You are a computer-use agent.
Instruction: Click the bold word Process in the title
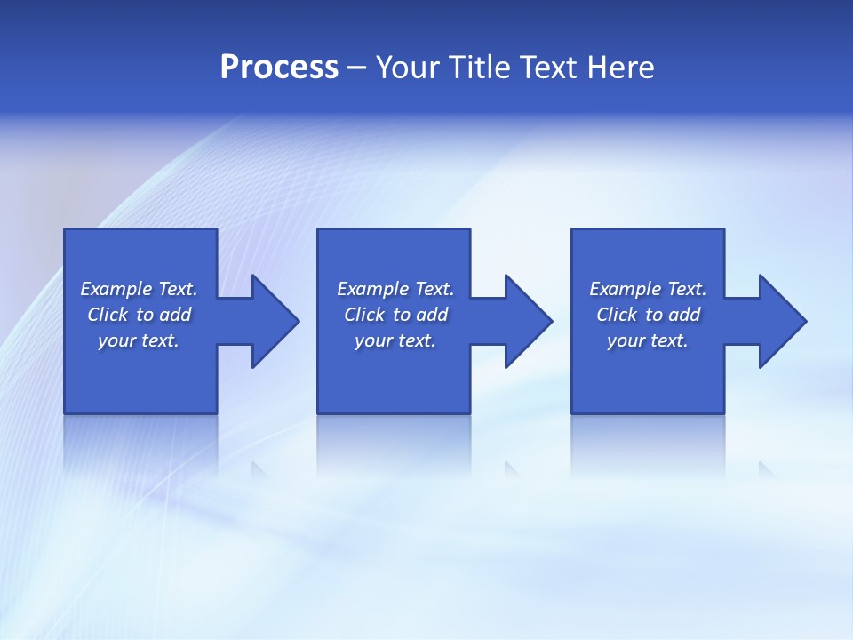click(x=279, y=68)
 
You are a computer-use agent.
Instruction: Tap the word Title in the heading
click(x=482, y=68)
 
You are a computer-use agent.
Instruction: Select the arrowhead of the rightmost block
click(x=781, y=321)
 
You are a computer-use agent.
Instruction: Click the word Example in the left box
click(x=116, y=289)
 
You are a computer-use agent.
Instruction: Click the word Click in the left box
click(x=108, y=315)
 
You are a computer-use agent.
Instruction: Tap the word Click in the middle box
click(x=364, y=315)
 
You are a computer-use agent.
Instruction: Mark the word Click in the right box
click(x=617, y=315)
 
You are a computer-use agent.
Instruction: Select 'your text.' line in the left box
click(x=139, y=340)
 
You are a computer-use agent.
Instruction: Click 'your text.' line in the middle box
click(x=395, y=340)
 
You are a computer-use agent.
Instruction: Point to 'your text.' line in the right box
click(x=648, y=340)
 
